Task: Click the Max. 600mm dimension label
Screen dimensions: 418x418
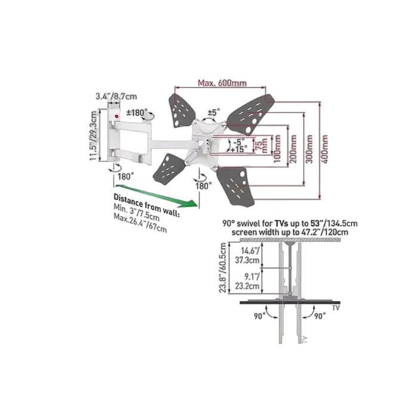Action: (222, 83)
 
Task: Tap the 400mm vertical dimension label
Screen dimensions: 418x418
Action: (325, 149)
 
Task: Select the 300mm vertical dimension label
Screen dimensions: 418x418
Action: (309, 149)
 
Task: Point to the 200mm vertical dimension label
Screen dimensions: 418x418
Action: (294, 149)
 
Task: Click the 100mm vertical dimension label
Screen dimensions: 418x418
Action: (277, 149)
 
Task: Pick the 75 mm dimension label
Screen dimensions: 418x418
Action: (262, 145)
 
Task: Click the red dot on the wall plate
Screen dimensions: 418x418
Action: (116, 116)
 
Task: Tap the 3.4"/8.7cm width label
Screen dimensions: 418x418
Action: (116, 96)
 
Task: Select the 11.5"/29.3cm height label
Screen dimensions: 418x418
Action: (93, 136)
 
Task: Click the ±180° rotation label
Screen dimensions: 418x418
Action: (137, 112)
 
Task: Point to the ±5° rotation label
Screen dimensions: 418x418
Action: (214, 112)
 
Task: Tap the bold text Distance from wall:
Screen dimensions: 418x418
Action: (147, 205)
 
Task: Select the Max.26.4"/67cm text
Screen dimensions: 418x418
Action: (140, 223)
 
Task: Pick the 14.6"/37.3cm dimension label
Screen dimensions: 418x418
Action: (247, 256)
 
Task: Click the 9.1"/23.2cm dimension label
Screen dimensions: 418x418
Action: (247, 281)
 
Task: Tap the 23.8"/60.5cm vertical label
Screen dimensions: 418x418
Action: (223, 268)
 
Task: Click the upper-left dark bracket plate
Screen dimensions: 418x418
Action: (182, 110)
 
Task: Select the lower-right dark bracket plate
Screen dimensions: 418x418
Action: (235, 186)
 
